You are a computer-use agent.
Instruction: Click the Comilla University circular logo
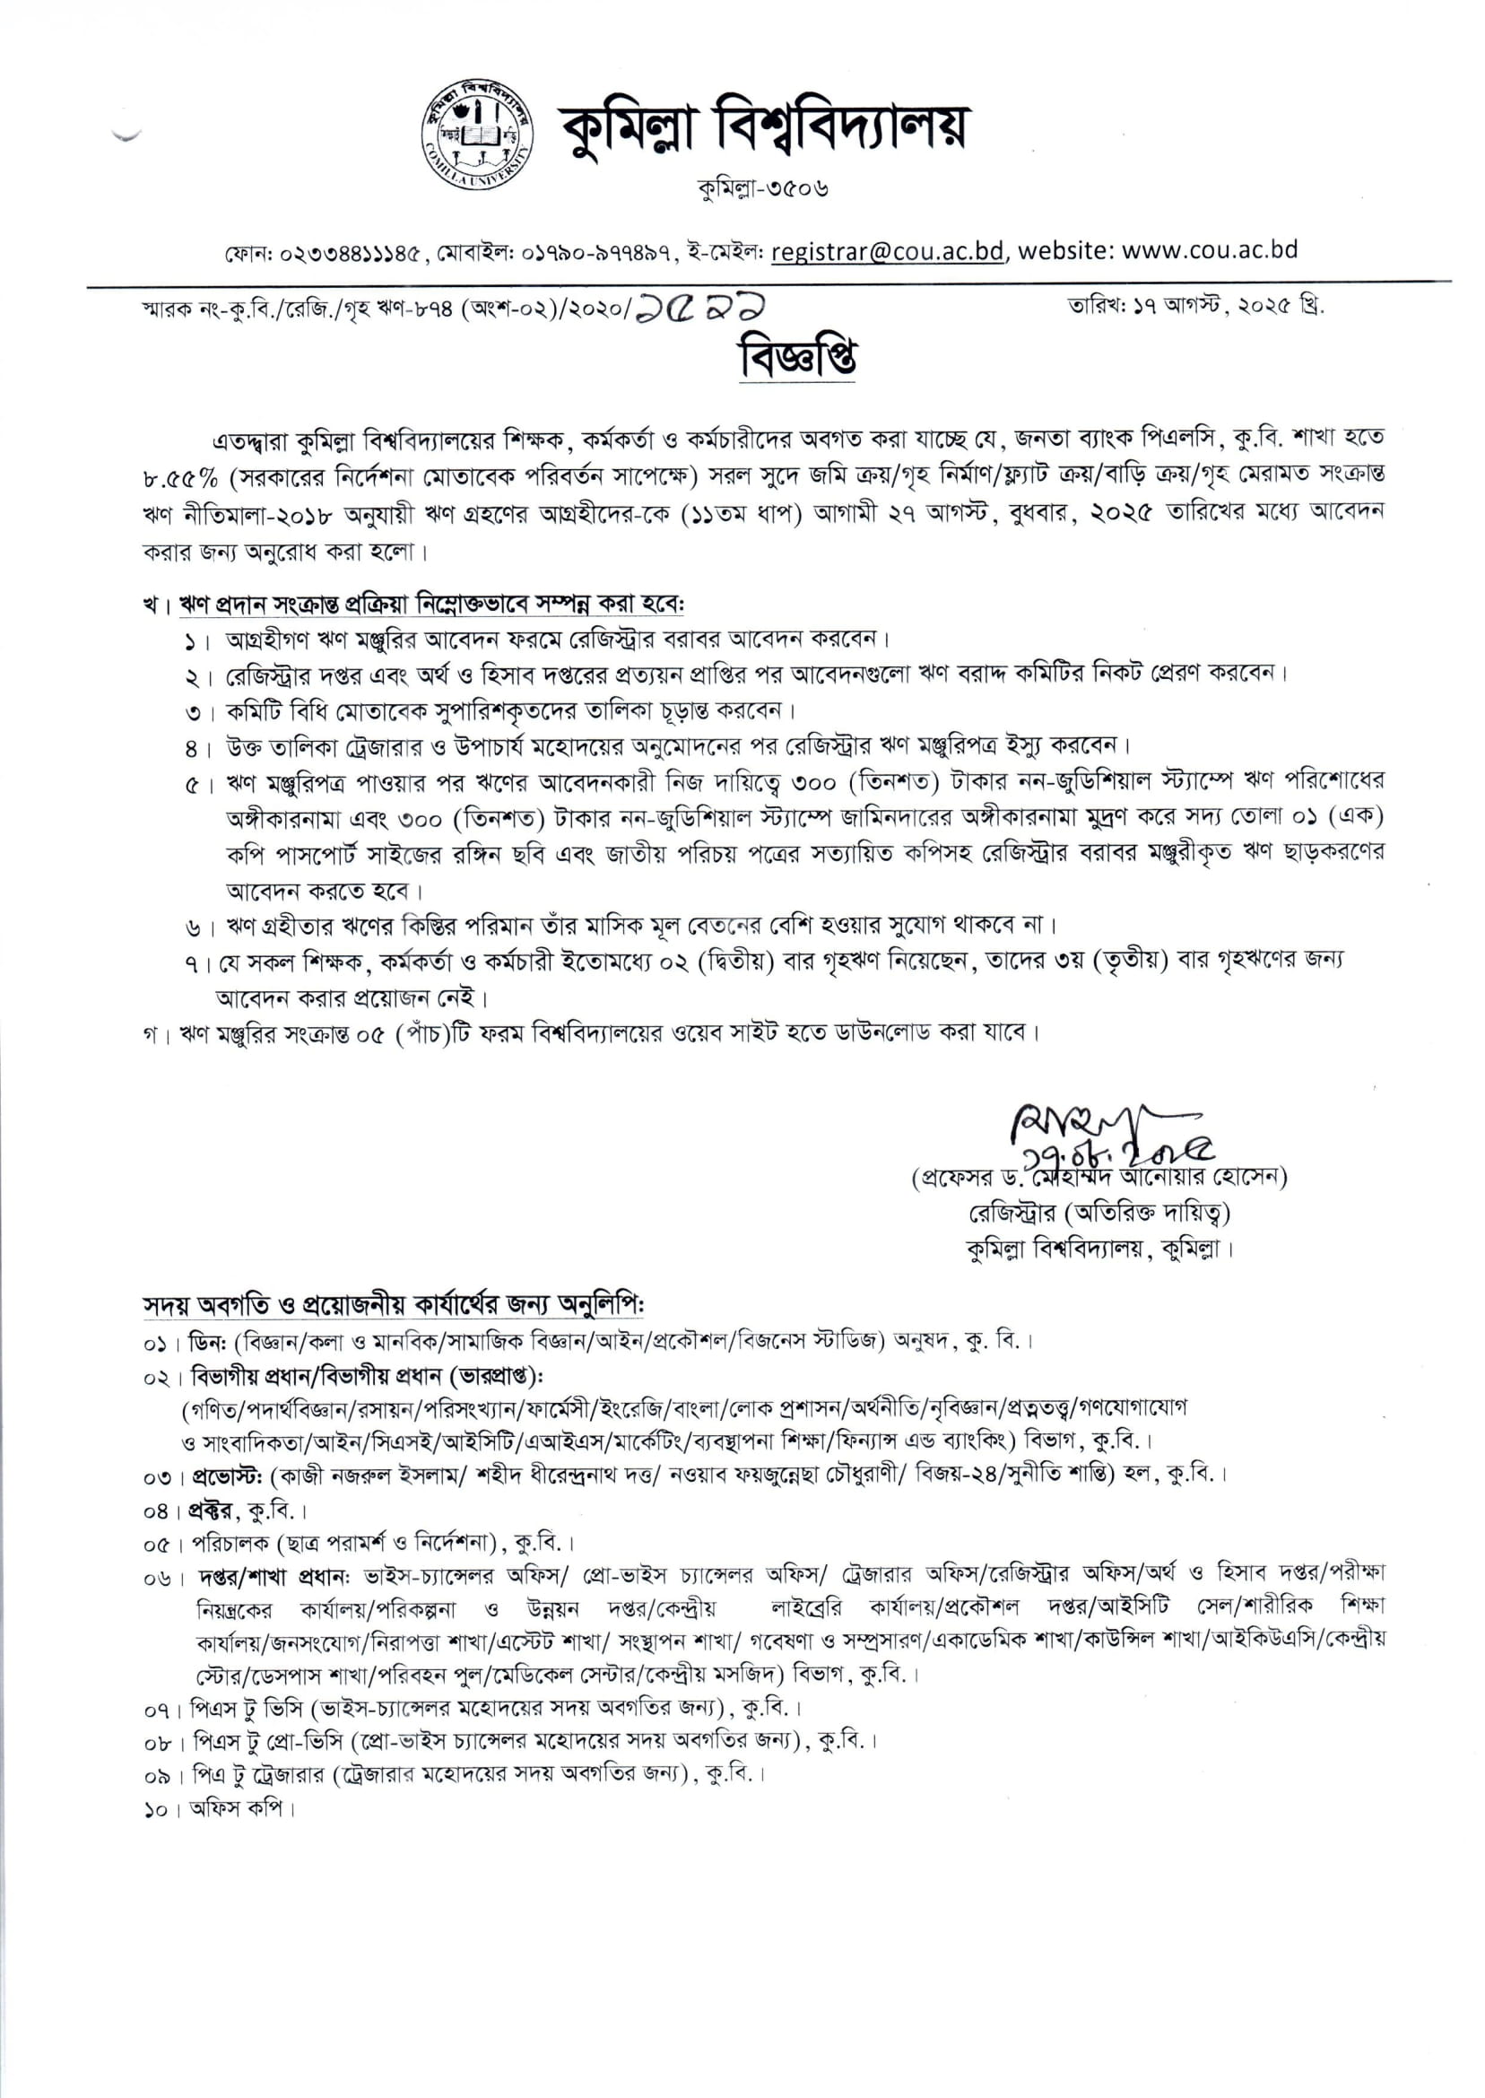click(478, 139)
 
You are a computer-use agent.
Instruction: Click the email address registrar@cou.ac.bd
click(887, 251)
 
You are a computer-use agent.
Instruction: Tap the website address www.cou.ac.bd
click(1209, 249)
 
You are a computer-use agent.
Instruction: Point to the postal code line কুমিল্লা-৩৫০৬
click(762, 189)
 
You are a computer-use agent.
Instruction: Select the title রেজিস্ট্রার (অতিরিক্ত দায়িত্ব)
click(1099, 1213)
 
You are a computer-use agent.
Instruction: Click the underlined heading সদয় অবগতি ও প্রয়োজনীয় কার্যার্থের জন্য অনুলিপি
click(393, 1303)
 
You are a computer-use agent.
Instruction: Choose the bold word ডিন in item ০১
click(204, 1343)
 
